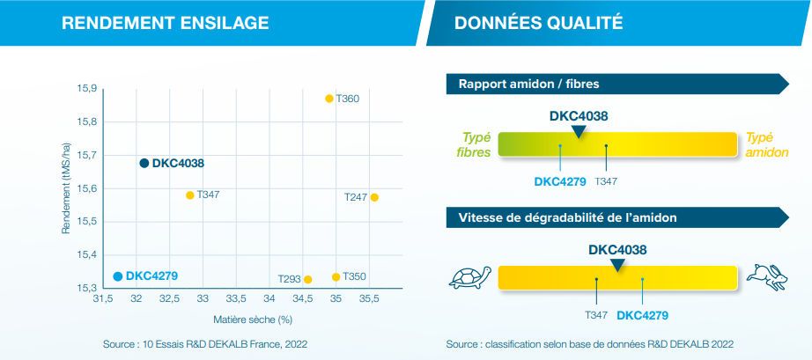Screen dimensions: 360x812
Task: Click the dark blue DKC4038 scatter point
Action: coord(144,163)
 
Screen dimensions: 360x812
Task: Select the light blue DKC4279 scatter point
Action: coord(118,276)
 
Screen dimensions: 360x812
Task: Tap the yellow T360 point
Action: coord(329,99)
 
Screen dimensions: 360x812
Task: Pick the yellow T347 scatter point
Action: coord(189,195)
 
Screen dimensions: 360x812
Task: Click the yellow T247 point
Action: coord(374,197)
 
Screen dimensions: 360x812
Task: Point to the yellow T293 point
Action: coord(307,279)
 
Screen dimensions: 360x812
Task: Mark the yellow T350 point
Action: coord(336,277)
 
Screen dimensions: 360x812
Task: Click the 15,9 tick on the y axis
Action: coord(85,89)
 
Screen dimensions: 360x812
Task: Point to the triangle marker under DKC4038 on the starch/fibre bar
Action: coord(578,132)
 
